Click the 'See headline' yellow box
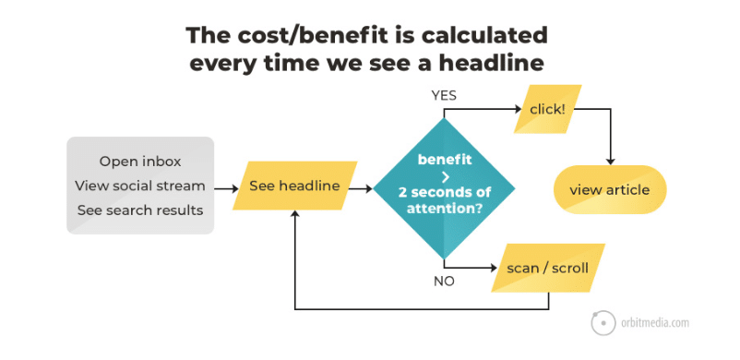294,186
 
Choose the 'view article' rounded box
609,190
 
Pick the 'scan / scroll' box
547,269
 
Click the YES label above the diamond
443,95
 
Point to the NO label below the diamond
444,281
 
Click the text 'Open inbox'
140,162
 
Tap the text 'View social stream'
140,186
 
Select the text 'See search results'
140,210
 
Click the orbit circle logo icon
603,323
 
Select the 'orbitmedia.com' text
655,323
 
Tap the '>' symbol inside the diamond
444,174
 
